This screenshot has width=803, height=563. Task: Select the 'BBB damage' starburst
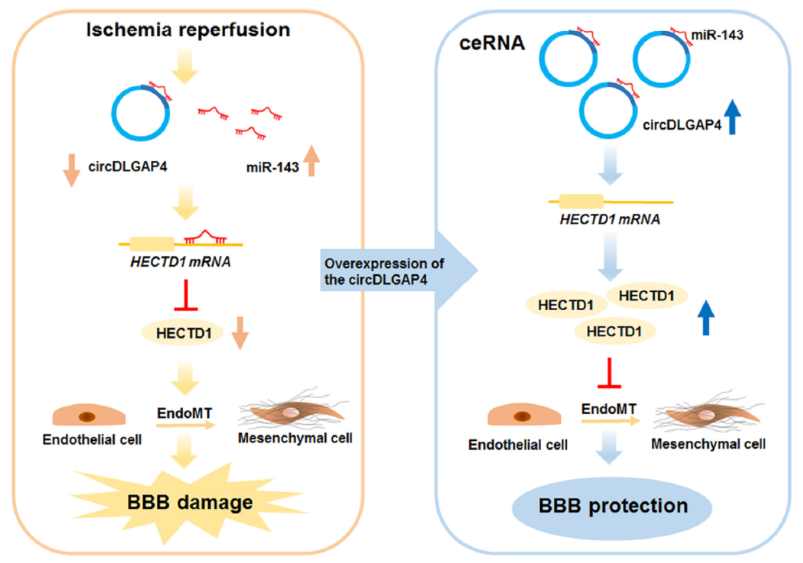pos(188,502)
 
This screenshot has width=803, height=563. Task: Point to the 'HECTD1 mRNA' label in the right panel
pos(610,220)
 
